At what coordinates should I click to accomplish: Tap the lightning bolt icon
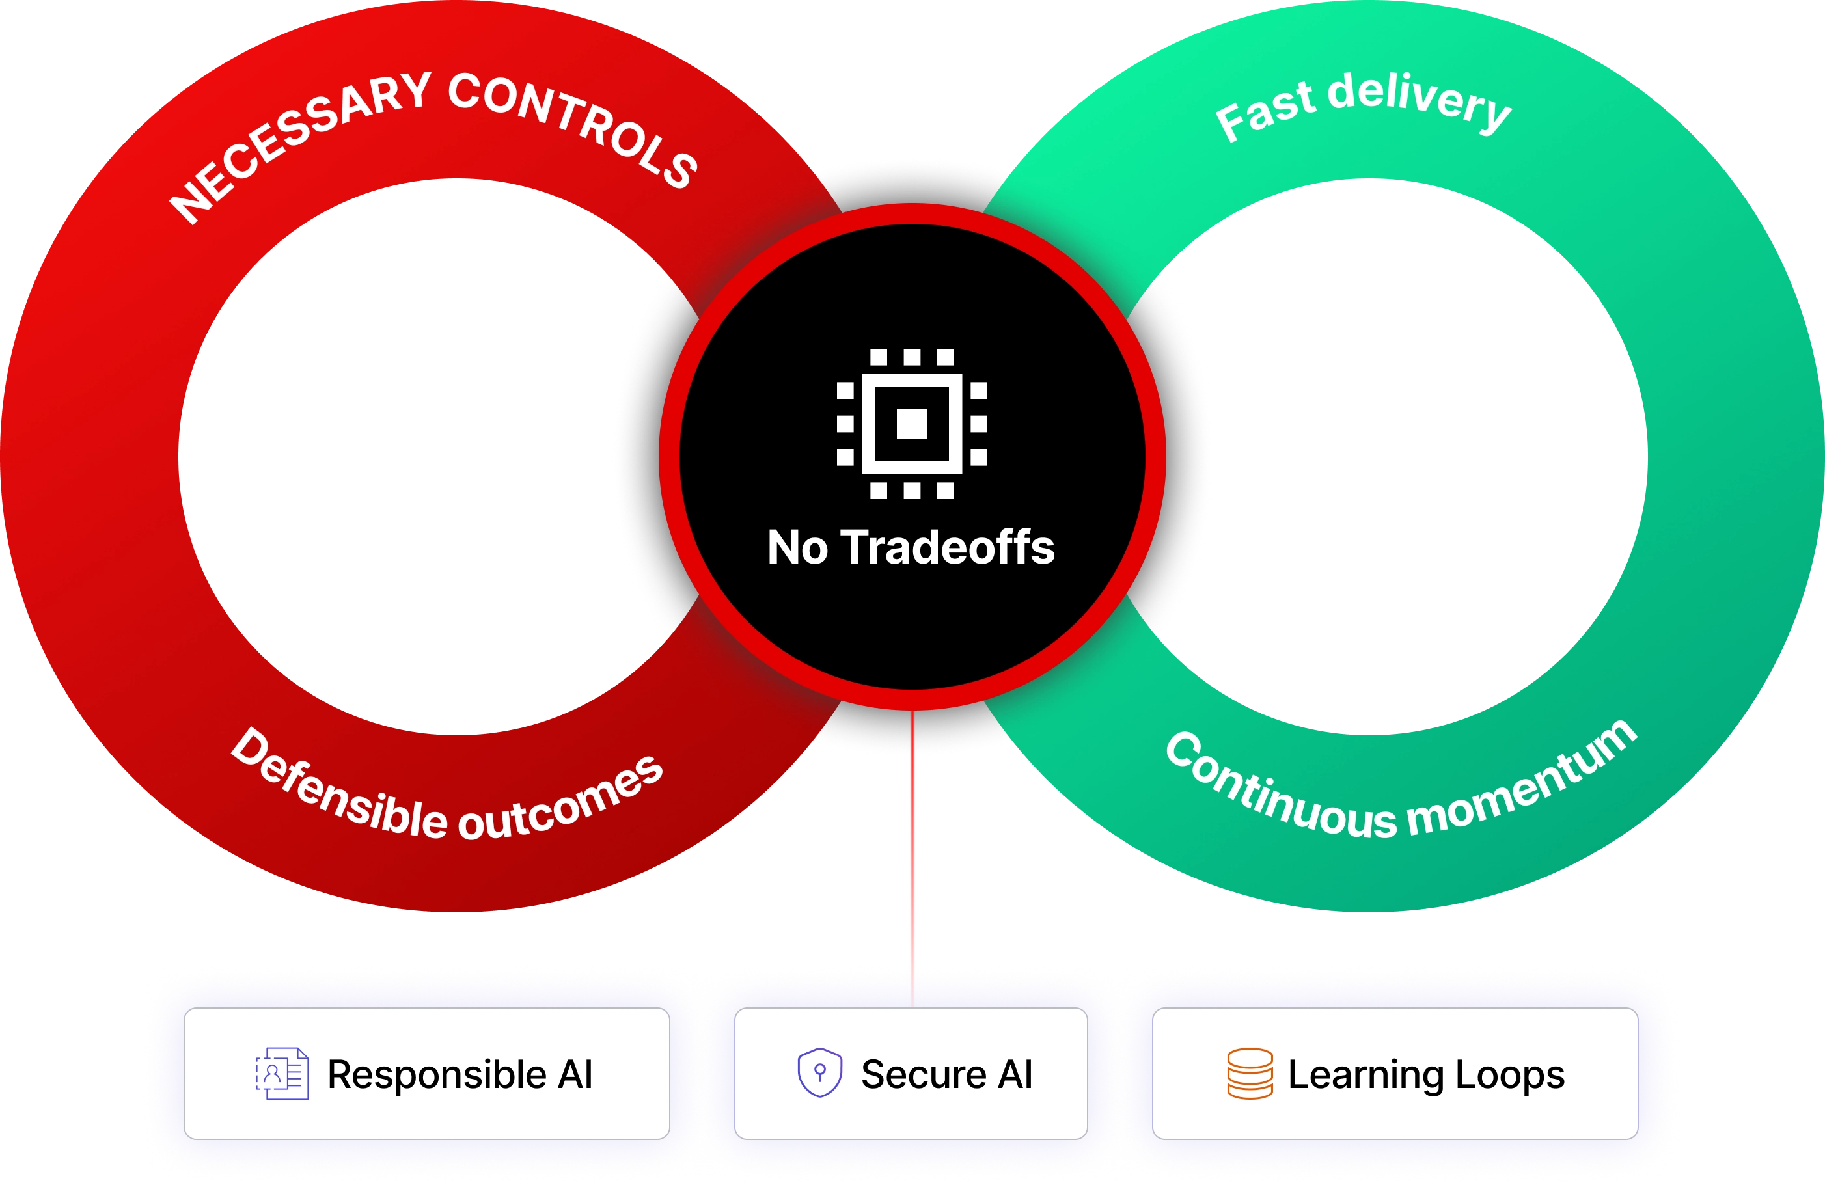[x=1369, y=390]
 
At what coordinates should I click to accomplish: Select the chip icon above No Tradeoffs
[x=912, y=422]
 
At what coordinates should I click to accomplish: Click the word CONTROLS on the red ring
[x=575, y=126]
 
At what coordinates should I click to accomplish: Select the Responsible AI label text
[x=460, y=1074]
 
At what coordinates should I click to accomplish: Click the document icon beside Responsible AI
[x=282, y=1074]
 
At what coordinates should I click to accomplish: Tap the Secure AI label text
[x=946, y=1074]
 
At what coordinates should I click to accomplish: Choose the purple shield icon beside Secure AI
[x=819, y=1072]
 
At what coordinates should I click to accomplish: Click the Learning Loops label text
[x=1426, y=1074]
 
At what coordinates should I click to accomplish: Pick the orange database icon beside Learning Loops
[x=1250, y=1074]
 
